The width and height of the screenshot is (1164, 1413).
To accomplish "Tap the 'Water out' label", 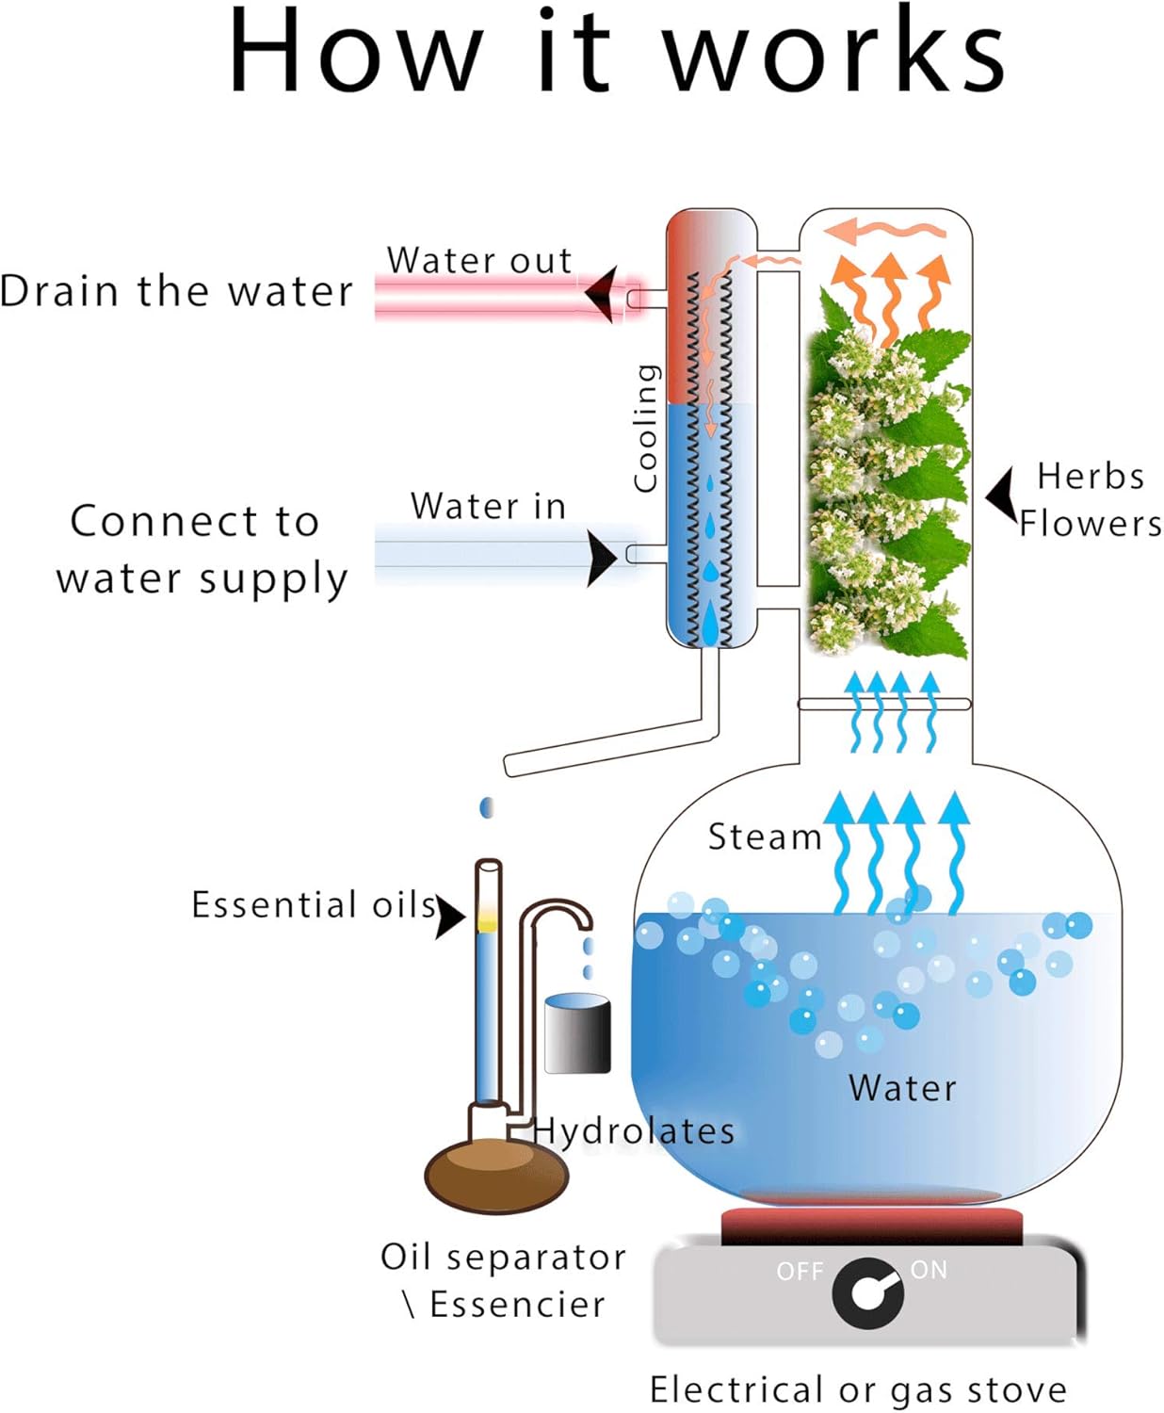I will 479,260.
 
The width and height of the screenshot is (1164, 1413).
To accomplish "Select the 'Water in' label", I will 488,506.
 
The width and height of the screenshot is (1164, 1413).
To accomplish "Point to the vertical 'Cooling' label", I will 645,428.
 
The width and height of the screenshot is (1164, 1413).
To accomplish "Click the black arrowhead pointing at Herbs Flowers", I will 1002,494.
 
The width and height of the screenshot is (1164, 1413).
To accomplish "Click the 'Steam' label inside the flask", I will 765,836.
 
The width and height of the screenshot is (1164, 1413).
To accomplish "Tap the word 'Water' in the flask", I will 902,1088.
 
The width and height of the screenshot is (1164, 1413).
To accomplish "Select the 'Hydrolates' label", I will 634,1130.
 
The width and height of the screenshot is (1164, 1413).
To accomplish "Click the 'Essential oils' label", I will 314,904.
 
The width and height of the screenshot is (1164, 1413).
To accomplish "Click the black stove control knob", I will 867,1293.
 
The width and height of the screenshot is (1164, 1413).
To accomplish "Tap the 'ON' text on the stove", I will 929,1270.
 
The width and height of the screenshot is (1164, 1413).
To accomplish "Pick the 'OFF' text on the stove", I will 800,1272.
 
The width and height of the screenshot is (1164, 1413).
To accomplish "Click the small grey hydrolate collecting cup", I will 577,1034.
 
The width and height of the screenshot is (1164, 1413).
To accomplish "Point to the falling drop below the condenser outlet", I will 486,807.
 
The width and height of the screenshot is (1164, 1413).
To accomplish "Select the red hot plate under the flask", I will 871,1225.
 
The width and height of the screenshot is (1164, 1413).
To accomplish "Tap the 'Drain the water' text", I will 176,291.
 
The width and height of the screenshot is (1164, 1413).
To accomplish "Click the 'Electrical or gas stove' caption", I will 858,1389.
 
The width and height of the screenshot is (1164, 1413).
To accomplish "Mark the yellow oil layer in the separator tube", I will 487,921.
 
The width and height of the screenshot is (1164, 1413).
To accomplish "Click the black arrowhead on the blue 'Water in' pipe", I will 601,558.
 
